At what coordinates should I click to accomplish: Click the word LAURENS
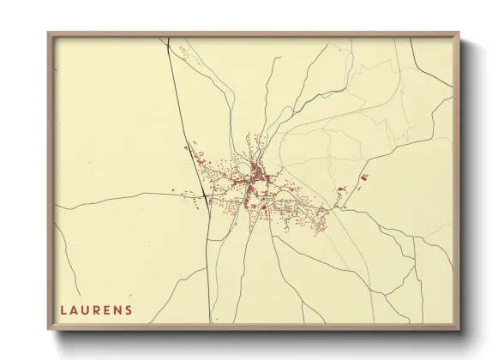coord(96,309)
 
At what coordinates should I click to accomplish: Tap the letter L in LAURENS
coord(63,309)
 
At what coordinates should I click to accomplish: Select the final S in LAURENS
coord(129,309)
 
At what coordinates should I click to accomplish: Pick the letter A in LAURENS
coord(74,309)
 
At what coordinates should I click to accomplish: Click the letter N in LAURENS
coord(118,309)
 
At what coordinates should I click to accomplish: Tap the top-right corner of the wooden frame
coord(459,33)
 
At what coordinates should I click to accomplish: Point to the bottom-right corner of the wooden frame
coord(459,329)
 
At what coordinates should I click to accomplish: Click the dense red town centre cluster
coord(255,182)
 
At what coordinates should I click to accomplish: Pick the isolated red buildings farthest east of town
coord(364,177)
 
